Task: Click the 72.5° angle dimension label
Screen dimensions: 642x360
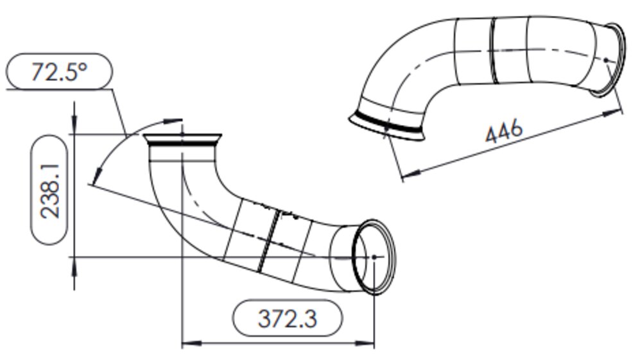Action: click(x=59, y=72)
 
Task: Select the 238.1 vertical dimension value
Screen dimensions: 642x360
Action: click(x=49, y=191)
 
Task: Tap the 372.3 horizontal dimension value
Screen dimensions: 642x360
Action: click(x=288, y=319)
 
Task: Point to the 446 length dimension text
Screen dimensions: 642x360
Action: click(x=503, y=131)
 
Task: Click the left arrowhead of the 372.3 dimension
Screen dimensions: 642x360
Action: click(x=191, y=343)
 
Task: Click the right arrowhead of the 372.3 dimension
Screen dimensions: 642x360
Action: click(x=365, y=343)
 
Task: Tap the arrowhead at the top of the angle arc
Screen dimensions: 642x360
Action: click(x=173, y=121)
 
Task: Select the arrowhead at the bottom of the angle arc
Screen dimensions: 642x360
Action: click(x=97, y=176)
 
